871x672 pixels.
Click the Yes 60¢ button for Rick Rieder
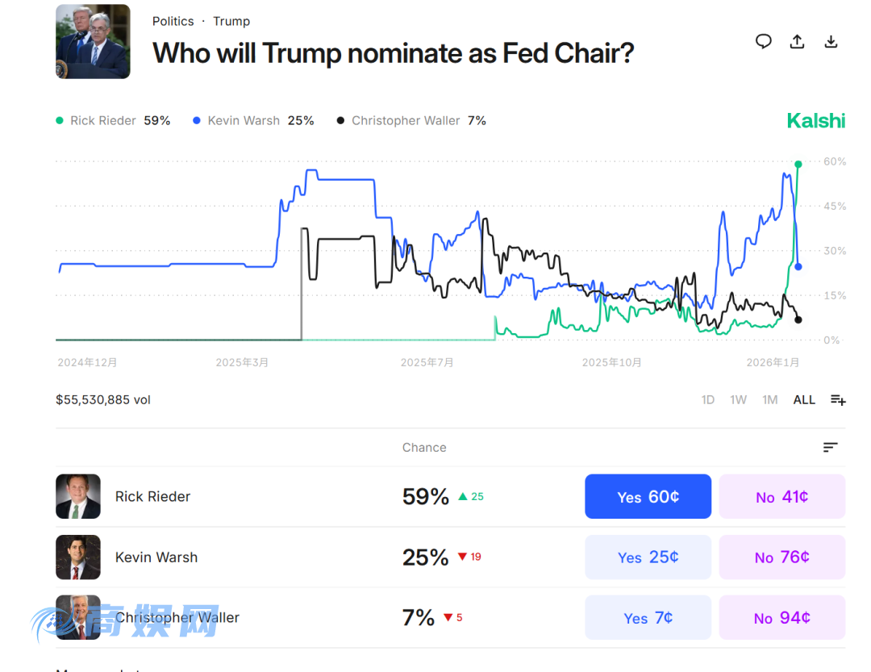coord(648,496)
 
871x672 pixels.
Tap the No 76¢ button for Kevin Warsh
coord(781,557)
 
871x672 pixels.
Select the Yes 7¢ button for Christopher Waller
coord(648,618)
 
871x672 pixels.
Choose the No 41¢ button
coord(781,496)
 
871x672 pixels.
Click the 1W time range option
coord(738,399)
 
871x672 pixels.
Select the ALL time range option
coord(804,399)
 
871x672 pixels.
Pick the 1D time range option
coord(707,399)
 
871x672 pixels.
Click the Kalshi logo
coord(815,121)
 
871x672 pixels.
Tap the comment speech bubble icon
coord(763,42)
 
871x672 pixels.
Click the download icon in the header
coord(831,42)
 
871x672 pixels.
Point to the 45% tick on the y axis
coord(835,207)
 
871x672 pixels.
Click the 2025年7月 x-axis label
coord(427,363)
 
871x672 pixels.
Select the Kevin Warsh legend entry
coord(252,121)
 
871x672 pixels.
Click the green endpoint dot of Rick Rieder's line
coord(798,164)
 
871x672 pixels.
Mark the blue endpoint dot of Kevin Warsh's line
coord(798,266)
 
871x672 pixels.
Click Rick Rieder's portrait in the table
coord(78,496)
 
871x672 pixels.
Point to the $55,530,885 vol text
coord(103,399)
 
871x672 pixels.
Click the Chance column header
coord(424,448)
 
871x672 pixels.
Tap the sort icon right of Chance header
coord(830,448)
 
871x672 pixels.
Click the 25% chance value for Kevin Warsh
coord(425,557)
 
